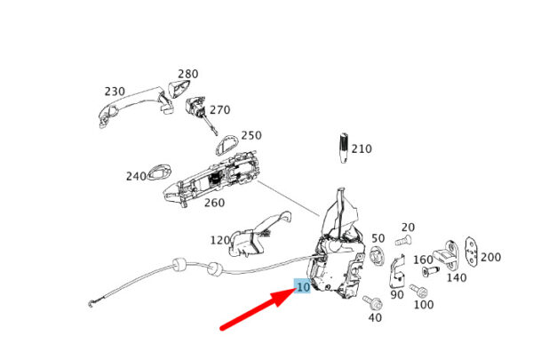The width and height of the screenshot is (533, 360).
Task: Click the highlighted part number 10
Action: point(303,287)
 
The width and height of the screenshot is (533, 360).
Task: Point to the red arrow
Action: point(259,309)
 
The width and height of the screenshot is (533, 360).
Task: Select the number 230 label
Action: point(115,92)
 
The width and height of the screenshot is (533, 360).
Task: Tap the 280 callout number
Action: point(188,74)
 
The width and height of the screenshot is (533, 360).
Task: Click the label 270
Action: point(220,110)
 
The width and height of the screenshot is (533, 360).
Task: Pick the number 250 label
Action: point(251,135)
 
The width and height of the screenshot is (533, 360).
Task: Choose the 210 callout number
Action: point(362,148)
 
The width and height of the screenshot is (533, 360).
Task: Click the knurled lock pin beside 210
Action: point(344,148)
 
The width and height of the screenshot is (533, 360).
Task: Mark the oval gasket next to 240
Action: point(159,172)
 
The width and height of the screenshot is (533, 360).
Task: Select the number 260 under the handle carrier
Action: point(214,203)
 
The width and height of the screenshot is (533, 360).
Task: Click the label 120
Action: point(220,241)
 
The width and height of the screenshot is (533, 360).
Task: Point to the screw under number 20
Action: point(403,241)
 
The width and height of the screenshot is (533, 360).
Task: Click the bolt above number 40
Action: point(372,302)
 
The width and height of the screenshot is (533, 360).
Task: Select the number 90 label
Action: point(397,295)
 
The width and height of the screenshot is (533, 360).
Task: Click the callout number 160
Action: point(423,260)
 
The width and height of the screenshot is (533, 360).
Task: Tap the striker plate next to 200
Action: point(472,251)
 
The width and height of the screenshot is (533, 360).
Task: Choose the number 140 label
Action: point(457,277)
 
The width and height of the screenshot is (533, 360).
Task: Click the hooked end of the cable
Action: point(91,303)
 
